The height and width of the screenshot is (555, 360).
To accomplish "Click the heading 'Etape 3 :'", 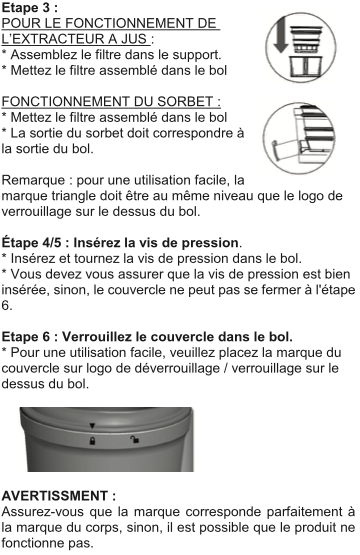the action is click(x=30, y=7).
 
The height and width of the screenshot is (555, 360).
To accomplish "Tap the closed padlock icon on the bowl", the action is click(x=92, y=441).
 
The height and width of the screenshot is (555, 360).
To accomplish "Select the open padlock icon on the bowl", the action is click(x=135, y=440).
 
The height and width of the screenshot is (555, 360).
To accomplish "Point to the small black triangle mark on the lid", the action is click(x=92, y=426).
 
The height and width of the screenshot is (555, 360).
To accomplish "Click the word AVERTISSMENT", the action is click(x=55, y=496).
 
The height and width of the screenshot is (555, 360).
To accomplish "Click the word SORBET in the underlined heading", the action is click(x=184, y=102).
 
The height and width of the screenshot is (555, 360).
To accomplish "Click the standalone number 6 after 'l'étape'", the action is click(x=6, y=305).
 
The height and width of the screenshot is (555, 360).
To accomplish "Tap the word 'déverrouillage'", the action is click(x=177, y=368).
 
